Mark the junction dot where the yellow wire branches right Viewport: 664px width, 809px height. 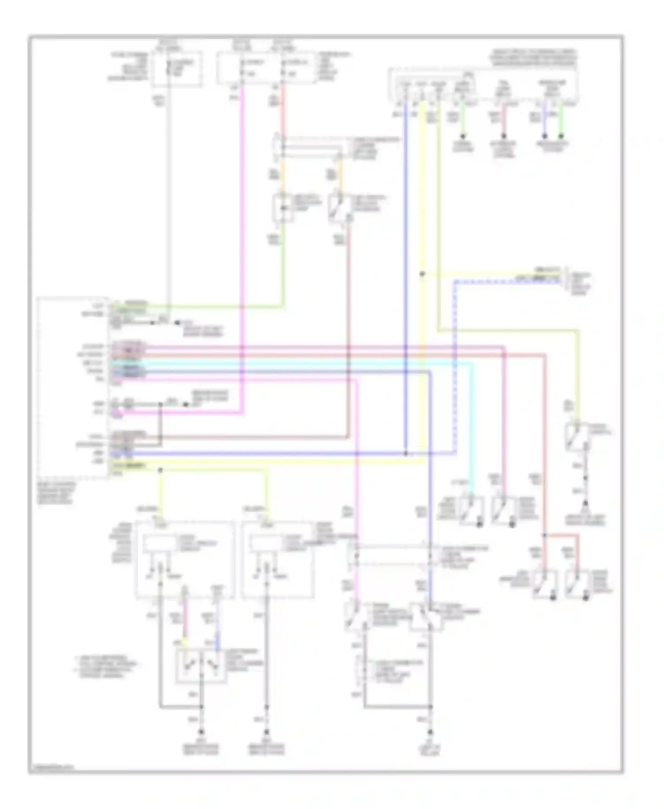point(422,274)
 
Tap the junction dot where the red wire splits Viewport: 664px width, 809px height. point(545,535)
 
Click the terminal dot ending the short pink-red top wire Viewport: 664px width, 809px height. point(503,136)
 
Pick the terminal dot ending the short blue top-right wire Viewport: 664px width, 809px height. point(545,136)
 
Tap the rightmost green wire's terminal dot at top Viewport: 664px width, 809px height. point(561,136)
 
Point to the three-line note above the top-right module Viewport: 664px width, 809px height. point(533,58)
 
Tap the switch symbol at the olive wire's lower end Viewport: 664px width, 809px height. point(576,436)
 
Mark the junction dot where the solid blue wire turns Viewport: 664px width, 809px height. point(405,453)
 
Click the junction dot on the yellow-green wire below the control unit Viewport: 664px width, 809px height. point(160,470)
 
